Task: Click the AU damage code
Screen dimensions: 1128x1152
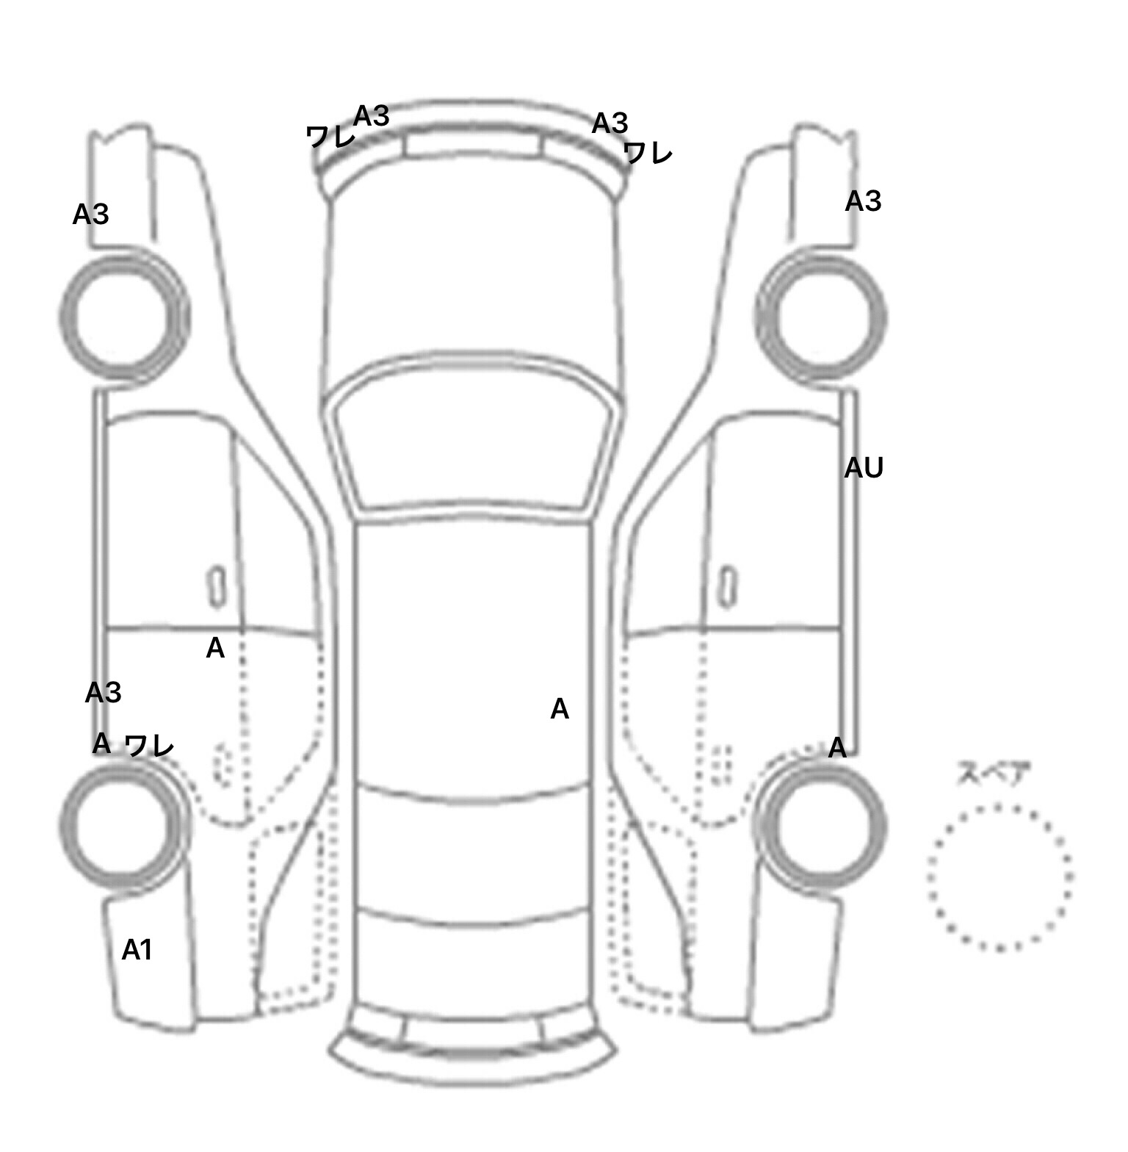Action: pyautogui.click(x=863, y=468)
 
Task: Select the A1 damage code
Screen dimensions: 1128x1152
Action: pyautogui.click(x=137, y=950)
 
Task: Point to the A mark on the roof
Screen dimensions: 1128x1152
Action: pyautogui.click(x=560, y=709)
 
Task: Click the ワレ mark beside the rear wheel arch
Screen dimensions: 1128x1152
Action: pyautogui.click(x=149, y=746)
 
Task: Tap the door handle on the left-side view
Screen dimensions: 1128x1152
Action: pyautogui.click(x=217, y=586)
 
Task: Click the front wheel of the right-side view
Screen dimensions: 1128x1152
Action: pyautogui.click(x=821, y=316)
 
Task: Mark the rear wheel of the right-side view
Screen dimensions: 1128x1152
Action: pyautogui.click(x=821, y=825)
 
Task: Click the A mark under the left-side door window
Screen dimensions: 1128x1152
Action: pyautogui.click(x=215, y=648)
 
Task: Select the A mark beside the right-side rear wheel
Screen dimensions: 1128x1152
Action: pyautogui.click(x=837, y=748)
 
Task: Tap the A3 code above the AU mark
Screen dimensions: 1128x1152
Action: pyautogui.click(x=863, y=201)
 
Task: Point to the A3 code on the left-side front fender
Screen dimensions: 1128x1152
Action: pyautogui.click(x=91, y=215)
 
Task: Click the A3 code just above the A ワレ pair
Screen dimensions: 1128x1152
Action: pyautogui.click(x=104, y=692)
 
